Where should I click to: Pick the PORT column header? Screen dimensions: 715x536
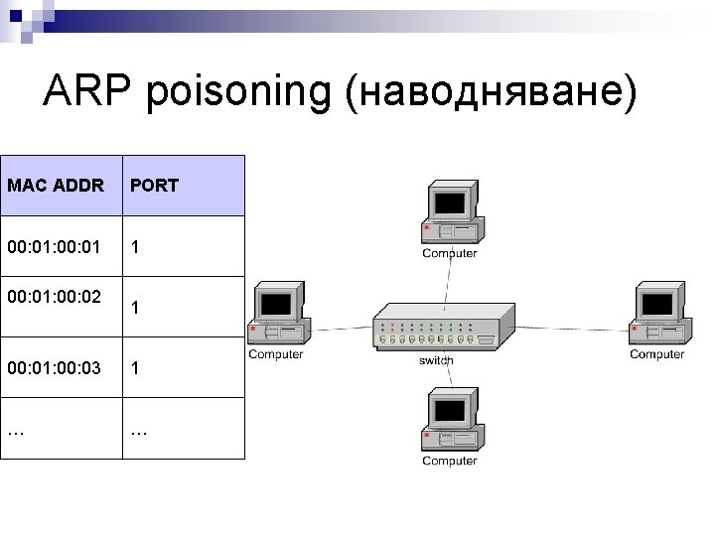click(x=154, y=186)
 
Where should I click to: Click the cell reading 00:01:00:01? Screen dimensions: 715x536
click(x=54, y=246)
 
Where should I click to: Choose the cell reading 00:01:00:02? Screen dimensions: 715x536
click(x=54, y=295)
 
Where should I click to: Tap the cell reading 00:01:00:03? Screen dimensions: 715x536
click(x=54, y=368)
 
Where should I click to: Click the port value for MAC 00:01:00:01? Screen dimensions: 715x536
click(x=135, y=246)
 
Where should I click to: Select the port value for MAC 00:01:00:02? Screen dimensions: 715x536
click(x=135, y=308)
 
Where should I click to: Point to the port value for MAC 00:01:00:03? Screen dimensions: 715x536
click(x=135, y=368)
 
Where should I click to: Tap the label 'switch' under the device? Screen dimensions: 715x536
click(x=436, y=359)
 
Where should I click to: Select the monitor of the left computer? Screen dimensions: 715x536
click(x=275, y=303)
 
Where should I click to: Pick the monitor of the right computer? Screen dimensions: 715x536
click(x=658, y=303)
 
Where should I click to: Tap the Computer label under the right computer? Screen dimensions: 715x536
click(x=656, y=354)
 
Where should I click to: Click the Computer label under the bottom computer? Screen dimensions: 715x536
click(x=449, y=461)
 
